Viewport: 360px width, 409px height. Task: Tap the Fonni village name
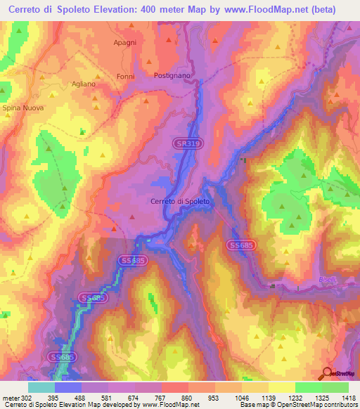(126, 77)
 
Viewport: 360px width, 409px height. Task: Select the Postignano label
(173, 74)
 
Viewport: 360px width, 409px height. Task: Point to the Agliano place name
(83, 84)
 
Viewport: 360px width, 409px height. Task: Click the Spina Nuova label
(22, 108)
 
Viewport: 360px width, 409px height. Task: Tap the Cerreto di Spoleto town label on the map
(180, 202)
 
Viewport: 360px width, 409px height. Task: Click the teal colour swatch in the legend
(41, 387)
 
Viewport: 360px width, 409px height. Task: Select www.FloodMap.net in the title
(270, 9)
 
